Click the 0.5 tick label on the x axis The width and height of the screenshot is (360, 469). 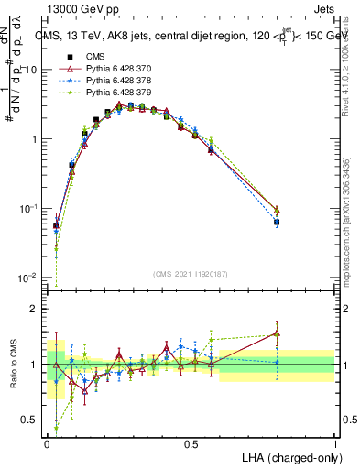pos(191,443)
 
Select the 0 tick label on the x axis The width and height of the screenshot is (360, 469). pos(47,443)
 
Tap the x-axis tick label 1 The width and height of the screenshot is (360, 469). pos(334,443)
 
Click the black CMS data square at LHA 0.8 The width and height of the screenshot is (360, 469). pos(277,222)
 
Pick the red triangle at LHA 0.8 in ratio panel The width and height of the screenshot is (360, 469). pos(277,333)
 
